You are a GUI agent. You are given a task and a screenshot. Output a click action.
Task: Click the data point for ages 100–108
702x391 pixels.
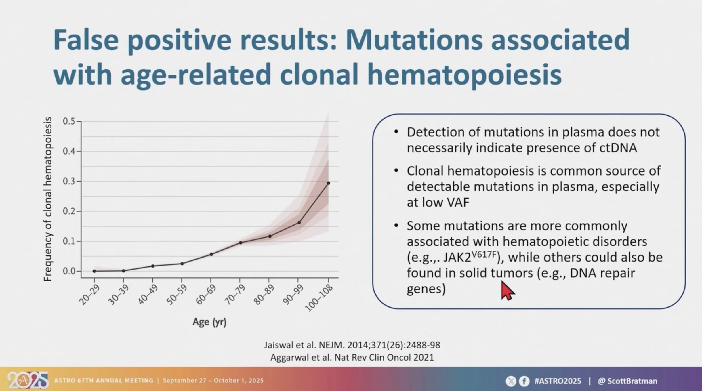tap(328, 183)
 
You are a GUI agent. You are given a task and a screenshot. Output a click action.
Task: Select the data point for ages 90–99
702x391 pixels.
tap(299, 222)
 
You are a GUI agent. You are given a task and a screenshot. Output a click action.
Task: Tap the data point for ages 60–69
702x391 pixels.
tap(211, 254)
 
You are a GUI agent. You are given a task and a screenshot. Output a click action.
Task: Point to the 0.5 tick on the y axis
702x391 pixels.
tap(69, 121)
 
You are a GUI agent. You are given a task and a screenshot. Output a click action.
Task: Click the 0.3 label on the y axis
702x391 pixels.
tap(68, 181)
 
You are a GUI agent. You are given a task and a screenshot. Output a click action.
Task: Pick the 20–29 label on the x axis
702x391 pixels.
tap(89, 295)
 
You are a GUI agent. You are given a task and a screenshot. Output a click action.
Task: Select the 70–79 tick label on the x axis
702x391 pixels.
tap(235, 295)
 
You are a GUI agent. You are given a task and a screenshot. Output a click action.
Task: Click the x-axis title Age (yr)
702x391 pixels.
tap(209, 322)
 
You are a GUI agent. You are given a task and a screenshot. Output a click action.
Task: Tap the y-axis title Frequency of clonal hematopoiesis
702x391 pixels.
tap(48, 199)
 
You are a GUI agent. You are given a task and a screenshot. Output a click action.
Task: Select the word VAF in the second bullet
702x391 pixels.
tap(458, 202)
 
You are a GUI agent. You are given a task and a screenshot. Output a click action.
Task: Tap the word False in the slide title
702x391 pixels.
tap(86, 40)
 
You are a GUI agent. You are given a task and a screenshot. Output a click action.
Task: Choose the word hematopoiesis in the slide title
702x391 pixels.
tap(464, 74)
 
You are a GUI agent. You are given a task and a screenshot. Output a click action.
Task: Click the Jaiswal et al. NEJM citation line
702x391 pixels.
tap(352, 345)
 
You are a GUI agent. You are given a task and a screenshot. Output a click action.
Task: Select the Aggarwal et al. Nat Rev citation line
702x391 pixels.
tap(352, 357)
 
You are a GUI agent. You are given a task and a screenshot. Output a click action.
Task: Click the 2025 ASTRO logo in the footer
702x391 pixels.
tap(28, 380)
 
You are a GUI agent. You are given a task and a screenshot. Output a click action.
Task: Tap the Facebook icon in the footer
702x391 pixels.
tap(524, 381)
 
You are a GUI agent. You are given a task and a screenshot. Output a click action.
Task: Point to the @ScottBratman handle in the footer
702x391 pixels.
tap(627, 381)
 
